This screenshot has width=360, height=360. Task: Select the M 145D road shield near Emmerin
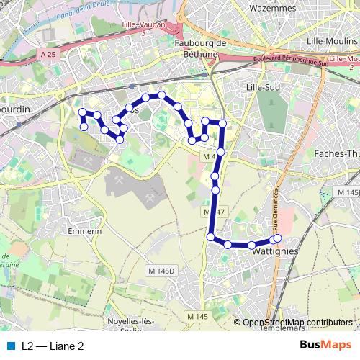161,270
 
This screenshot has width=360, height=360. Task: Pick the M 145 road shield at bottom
197,317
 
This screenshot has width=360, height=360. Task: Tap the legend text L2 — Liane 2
53,346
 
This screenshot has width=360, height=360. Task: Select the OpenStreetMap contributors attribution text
298,323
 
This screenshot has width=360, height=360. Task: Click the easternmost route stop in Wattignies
278,238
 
